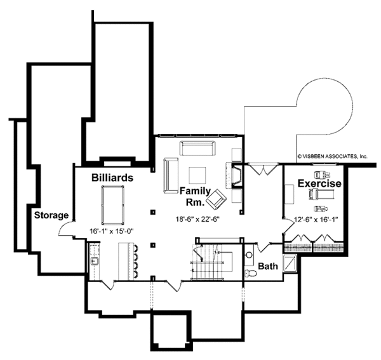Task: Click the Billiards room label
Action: pyautogui.click(x=112, y=178)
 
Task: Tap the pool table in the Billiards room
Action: pyautogui.click(x=112, y=205)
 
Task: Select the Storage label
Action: pyautogui.click(x=51, y=215)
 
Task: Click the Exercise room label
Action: pyautogui.click(x=319, y=183)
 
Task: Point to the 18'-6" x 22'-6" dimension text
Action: pyautogui.click(x=197, y=219)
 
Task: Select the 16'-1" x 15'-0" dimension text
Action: pyautogui.click(x=112, y=231)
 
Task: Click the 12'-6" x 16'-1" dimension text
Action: pyautogui.click(x=316, y=220)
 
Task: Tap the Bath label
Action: pyautogui.click(x=268, y=266)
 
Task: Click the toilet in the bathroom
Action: pyautogui.click(x=251, y=273)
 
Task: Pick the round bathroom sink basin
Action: pyautogui.click(x=249, y=255)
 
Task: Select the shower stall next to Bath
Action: pyautogui.click(x=290, y=262)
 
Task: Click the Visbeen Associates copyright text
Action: pyautogui.click(x=332, y=156)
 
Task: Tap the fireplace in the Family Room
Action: pyautogui.click(x=234, y=176)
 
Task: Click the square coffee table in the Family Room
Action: pyautogui.click(x=197, y=175)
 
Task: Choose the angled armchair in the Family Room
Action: pyautogui.click(x=216, y=199)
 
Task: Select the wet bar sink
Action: pyautogui.click(x=94, y=262)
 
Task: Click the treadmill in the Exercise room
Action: pyautogui.click(x=321, y=194)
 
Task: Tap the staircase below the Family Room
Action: pyautogui.click(x=211, y=262)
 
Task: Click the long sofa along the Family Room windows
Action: pyautogui.click(x=197, y=148)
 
